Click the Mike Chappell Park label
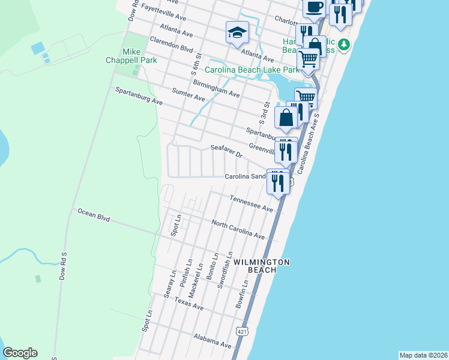[x=139, y=56]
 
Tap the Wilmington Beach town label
[x=262, y=266]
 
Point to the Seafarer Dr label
[x=226, y=151]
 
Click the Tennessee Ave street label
[x=252, y=203]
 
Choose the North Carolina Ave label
[x=238, y=229]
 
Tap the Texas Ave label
[x=188, y=304]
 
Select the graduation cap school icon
[x=237, y=32]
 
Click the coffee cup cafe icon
[x=314, y=8]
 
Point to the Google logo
[x=20, y=353]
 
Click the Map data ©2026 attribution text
[x=423, y=355]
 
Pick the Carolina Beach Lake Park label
[x=252, y=70]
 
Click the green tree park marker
[x=343, y=44]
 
